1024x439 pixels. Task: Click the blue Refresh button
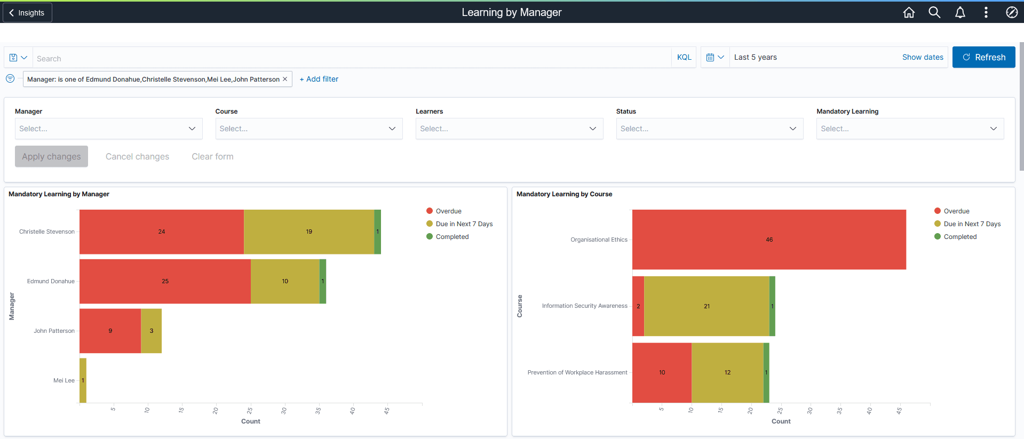coord(983,57)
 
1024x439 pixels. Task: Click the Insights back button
coord(27,12)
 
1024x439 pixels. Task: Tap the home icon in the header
coord(909,12)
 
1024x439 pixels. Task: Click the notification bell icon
coord(960,12)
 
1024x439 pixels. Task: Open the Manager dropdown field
coord(108,129)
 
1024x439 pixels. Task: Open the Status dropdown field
coord(709,129)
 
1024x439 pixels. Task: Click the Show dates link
coord(922,57)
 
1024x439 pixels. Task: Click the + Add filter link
coord(319,79)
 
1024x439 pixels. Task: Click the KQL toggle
coord(684,57)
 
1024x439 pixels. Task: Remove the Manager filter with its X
coord(285,79)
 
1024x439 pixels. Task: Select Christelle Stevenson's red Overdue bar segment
coord(161,232)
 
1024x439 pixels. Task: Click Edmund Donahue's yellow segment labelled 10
coord(285,281)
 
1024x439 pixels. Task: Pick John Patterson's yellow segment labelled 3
coord(152,331)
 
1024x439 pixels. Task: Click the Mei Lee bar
coord(83,380)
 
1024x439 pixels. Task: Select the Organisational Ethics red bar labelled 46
coord(768,240)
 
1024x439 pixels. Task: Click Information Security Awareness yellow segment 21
coord(707,306)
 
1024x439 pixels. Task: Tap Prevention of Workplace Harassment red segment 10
coord(662,372)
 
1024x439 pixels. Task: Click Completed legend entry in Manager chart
coord(451,237)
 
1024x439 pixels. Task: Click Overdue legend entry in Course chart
coord(956,211)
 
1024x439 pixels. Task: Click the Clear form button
coord(212,156)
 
